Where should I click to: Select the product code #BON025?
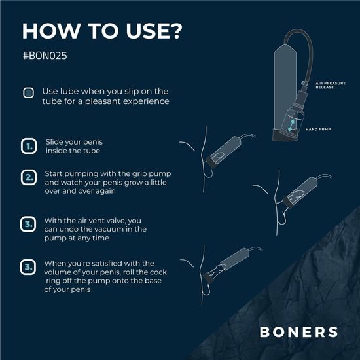pos(45,56)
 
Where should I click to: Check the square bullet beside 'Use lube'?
pos(28,92)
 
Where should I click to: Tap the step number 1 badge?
pos(28,147)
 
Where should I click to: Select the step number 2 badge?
pos(28,177)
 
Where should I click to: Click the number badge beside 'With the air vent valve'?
pos(28,225)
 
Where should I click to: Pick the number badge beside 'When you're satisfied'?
pos(28,267)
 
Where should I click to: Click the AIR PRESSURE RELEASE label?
pos(327,86)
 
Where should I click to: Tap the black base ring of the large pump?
pos(283,137)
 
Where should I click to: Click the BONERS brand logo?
pos(298,331)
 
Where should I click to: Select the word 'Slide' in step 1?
pos(55,141)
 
